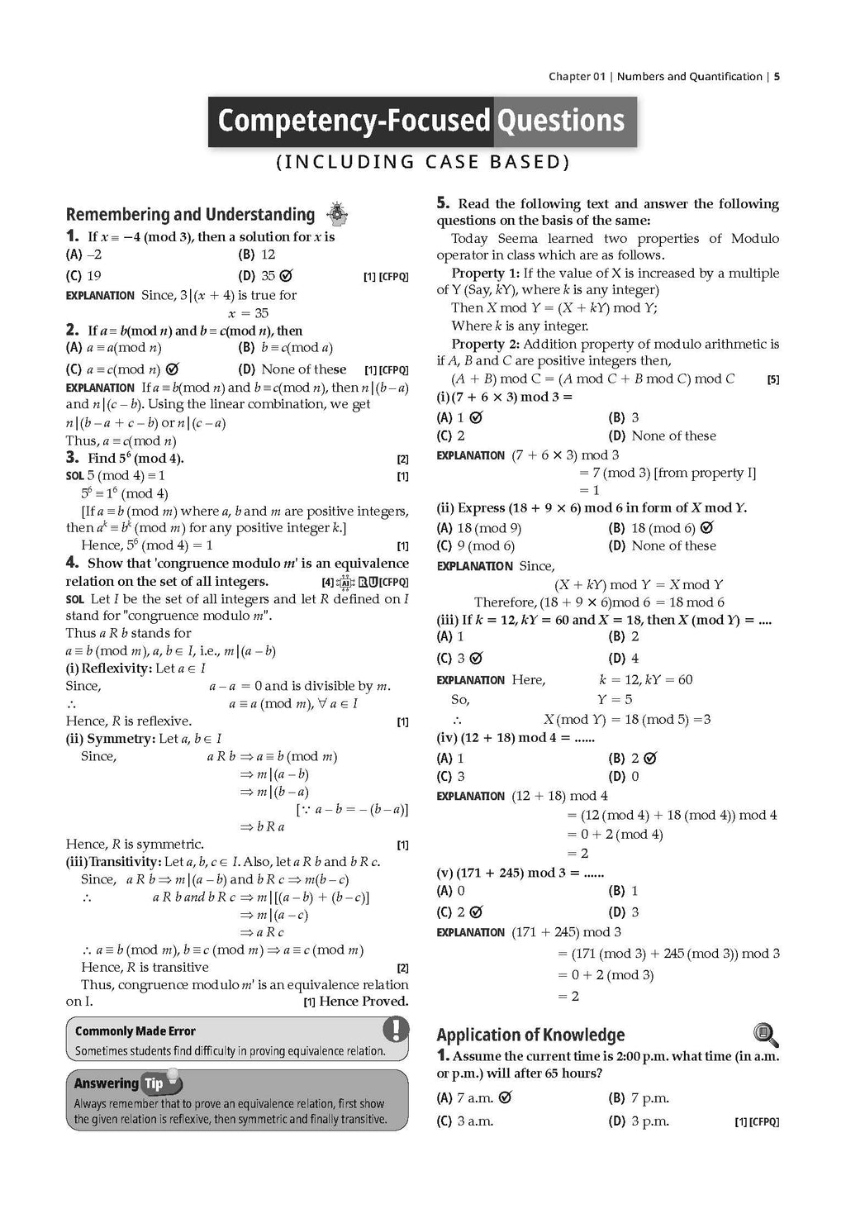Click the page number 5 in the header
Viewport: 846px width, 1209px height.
777,77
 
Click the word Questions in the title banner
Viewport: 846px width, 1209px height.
559,121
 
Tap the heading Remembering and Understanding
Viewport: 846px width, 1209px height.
190,215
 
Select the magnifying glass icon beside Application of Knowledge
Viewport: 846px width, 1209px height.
766,1034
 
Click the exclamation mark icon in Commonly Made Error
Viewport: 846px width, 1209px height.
396,1030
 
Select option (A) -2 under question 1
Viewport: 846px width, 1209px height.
84,255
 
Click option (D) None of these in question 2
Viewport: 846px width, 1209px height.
292,369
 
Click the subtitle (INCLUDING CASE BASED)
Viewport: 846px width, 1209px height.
422,162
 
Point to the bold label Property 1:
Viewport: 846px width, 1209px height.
485,273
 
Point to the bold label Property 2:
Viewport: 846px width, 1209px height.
485,344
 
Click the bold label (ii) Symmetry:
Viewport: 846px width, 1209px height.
110,739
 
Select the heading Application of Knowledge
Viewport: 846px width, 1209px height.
530,1035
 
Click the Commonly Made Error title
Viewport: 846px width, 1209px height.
135,1031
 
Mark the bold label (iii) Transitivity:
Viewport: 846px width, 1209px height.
113,862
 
